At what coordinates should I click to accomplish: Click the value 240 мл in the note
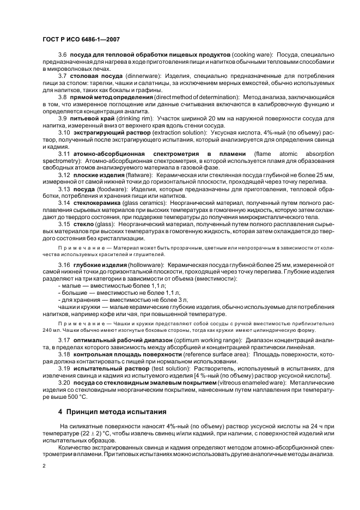pos(51,330)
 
